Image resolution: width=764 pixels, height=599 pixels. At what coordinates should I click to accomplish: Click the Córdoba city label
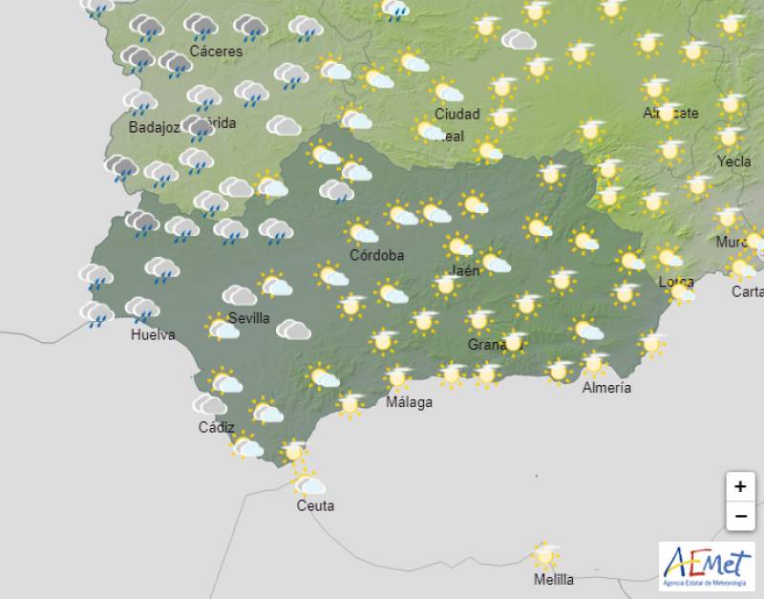[x=376, y=255]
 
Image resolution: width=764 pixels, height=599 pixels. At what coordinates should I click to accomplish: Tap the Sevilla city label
[x=248, y=318]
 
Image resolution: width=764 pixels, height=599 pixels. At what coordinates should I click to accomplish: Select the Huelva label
[x=153, y=334]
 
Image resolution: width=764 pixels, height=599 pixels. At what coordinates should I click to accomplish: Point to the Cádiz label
[x=216, y=427]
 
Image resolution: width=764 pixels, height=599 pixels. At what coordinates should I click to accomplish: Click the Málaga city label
[x=409, y=402]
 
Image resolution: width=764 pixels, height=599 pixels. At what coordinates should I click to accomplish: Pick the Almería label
[x=606, y=387]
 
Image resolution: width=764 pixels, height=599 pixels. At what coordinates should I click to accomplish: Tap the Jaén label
[x=464, y=270]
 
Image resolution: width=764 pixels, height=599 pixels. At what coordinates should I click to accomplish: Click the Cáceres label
[x=216, y=51]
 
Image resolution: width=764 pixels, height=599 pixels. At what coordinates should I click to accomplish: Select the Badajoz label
[x=154, y=127]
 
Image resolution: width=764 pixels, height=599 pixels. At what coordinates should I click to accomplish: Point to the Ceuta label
[x=315, y=505]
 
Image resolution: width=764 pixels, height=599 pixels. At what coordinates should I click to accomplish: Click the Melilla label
[x=554, y=579]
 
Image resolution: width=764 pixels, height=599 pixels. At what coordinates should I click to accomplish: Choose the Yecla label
[x=733, y=161]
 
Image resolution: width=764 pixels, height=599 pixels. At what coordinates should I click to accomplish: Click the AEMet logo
[x=707, y=566]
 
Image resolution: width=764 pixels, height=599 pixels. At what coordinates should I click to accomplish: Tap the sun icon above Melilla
[x=545, y=554]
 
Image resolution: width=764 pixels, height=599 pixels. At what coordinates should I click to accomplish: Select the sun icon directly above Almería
[x=594, y=363]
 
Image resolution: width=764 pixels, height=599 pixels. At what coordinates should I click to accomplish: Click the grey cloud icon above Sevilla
[x=240, y=295]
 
